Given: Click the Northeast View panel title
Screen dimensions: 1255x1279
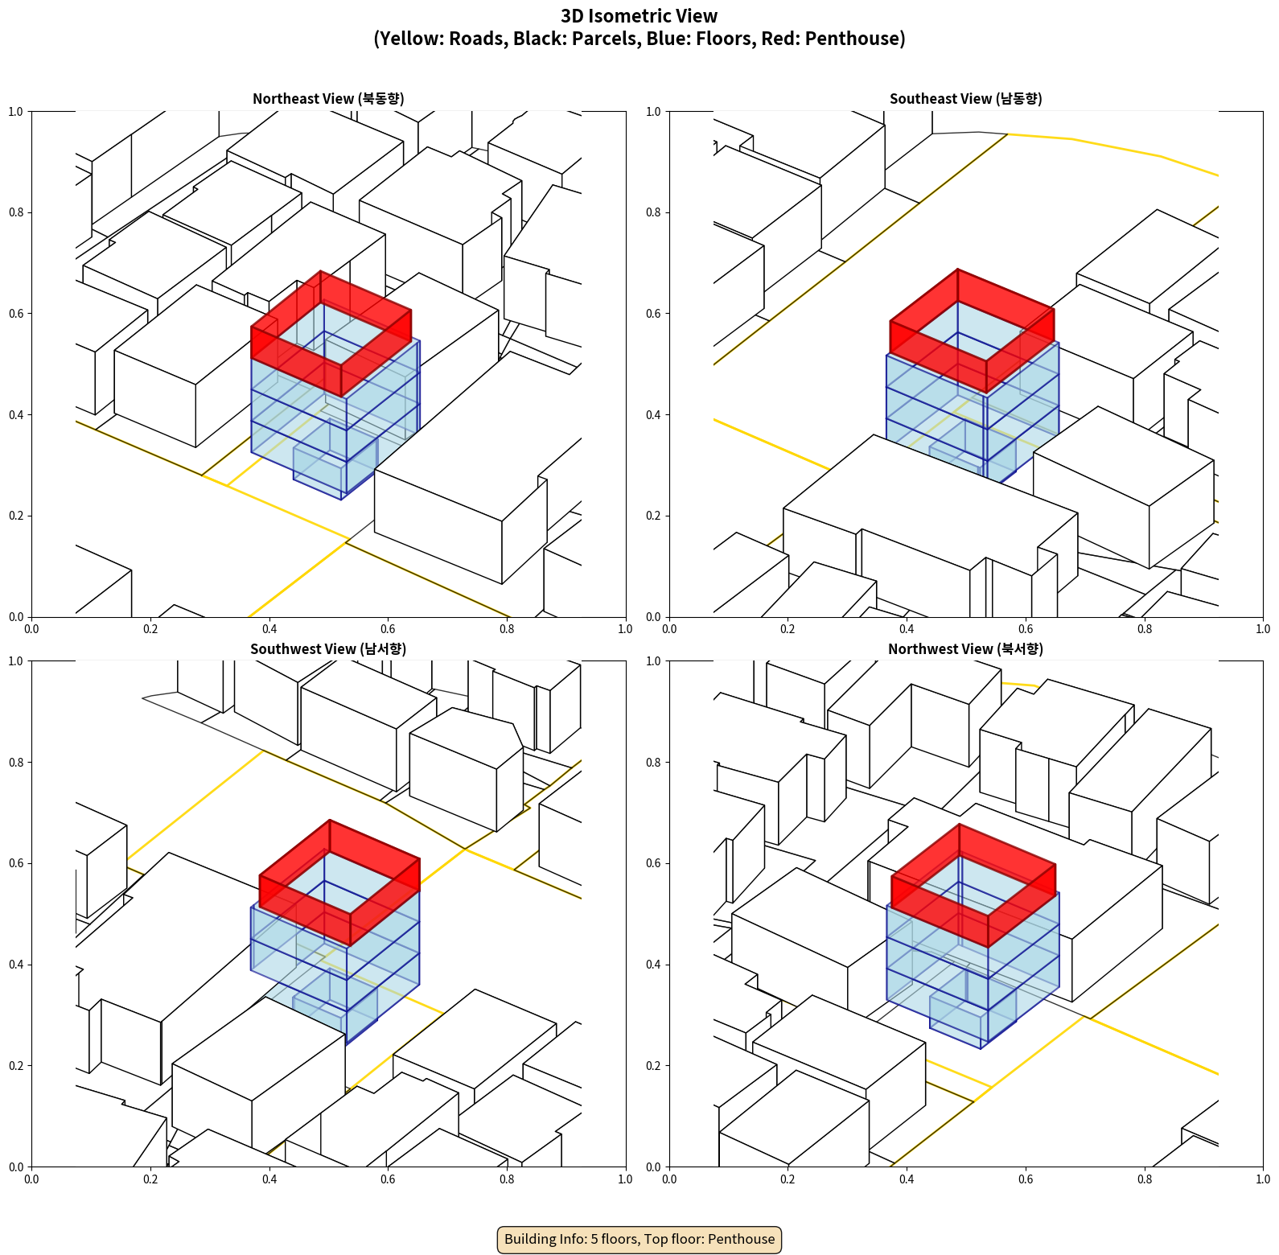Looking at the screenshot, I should (x=328, y=99).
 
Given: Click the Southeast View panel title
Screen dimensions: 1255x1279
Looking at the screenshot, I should (x=965, y=99).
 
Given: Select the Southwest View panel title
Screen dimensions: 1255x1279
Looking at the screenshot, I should (x=328, y=649).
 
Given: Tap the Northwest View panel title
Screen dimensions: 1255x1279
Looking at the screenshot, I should (x=965, y=649).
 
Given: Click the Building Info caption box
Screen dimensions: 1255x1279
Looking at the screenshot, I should (x=639, y=1239).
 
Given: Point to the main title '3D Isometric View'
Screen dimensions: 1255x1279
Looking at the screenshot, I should (x=639, y=16).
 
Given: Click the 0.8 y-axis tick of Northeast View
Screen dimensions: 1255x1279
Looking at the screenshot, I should (x=16, y=212).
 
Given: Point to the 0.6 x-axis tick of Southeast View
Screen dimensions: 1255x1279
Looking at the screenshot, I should (x=1026, y=629).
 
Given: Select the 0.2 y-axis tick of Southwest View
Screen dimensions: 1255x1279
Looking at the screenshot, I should (x=16, y=1066).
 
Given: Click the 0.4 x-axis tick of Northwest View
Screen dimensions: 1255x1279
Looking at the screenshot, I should (x=907, y=1179).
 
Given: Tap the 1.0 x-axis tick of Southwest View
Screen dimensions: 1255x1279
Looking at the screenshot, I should (x=625, y=1179).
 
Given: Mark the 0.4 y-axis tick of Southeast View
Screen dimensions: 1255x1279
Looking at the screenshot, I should (x=654, y=415).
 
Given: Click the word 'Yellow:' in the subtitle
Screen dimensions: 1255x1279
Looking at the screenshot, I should (x=410, y=39).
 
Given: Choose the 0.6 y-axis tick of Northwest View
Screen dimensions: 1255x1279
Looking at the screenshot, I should (x=654, y=863).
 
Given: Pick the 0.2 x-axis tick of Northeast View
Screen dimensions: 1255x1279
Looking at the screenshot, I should (x=150, y=629).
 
